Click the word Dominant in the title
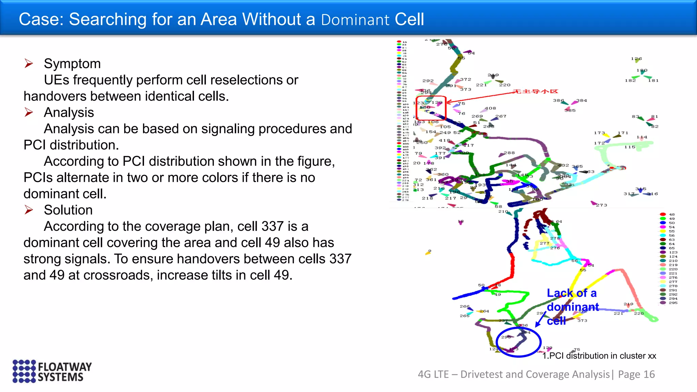click(x=355, y=20)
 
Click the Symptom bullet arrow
click(x=29, y=64)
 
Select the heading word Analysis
click(x=69, y=113)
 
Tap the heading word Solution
click(x=68, y=210)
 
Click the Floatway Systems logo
click(x=52, y=371)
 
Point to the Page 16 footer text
click(x=636, y=374)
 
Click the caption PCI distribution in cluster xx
click(x=599, y=356)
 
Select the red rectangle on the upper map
click(x=431, y=108)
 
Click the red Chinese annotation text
click(x=535, y=91)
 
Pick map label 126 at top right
click(x=636, y=59)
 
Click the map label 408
click(x=490, y=108)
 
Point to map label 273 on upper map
click(x=601, y=205)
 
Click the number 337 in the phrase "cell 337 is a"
click(x=273, y=226)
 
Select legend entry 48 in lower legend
click(x=671, y=214)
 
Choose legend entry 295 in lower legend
click(x=673, y=303)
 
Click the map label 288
click(x=509, y=153)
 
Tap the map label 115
click(x=630, y=147)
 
